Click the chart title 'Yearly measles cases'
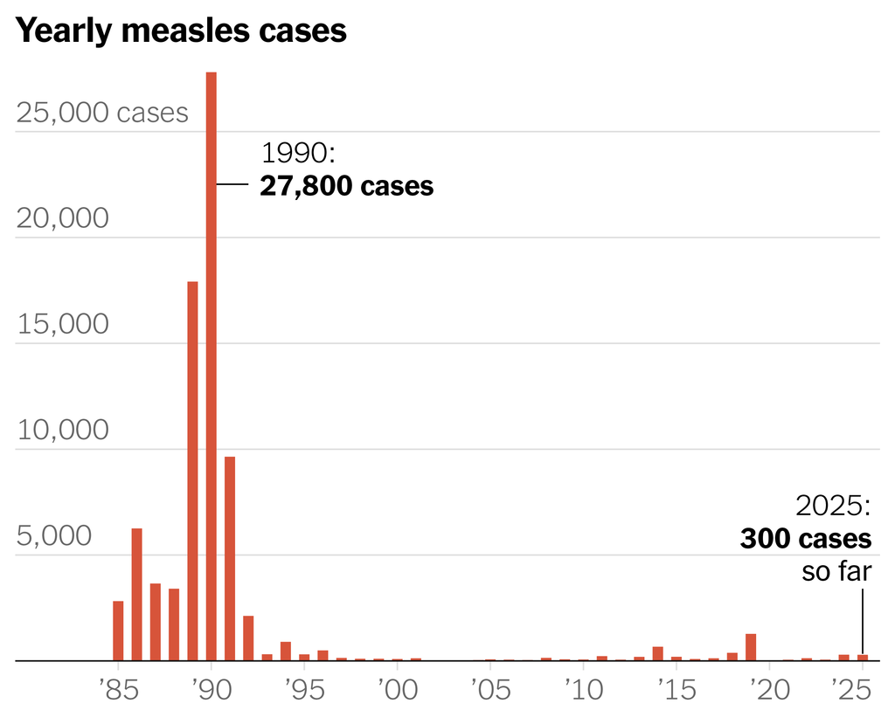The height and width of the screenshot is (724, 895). [x=182, y=31]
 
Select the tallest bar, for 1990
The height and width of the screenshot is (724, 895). [x=211, y=367]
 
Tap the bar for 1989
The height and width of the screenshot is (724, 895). [x=192, y=472]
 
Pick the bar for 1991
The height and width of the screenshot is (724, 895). [x=229, y=559]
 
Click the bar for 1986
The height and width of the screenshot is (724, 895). [x=136, y=594]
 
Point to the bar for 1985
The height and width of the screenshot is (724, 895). [x=118, y=631]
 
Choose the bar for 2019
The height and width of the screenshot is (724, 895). [x=750, y=647]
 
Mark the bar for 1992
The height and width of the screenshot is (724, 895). [x=248, y=638]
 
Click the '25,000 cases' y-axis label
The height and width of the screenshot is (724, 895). [x=102, y=113]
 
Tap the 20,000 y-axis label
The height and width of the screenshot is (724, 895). [x=63, y=218]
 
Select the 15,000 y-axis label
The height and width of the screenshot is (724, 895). [x=63, y=324]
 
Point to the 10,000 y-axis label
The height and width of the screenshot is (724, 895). [x=63, y=430]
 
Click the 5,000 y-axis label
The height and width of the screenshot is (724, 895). [x=53, y=536]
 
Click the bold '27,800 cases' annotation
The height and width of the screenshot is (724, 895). [x=346, y=186]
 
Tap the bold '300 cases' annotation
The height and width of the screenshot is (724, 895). [x=805, y=539]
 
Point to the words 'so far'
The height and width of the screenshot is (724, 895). [x=836, y=571]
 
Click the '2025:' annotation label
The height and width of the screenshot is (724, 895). [x=833, y=507]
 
